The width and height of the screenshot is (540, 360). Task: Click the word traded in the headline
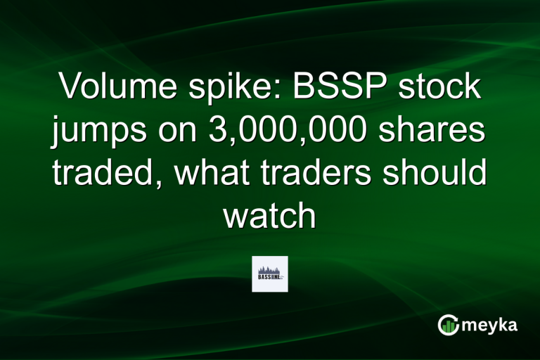[x=102, y=173]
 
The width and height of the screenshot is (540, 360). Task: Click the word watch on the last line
[x=270, y=215]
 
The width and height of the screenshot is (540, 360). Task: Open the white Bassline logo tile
[x=270, y=274]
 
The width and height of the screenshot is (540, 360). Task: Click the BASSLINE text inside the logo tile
[x=268, y=278]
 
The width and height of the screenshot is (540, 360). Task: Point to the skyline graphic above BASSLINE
[x=269, y=270]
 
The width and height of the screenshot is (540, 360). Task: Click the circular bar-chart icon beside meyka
[x=448, y=325]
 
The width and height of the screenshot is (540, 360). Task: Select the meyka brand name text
[x=491, y=325]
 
